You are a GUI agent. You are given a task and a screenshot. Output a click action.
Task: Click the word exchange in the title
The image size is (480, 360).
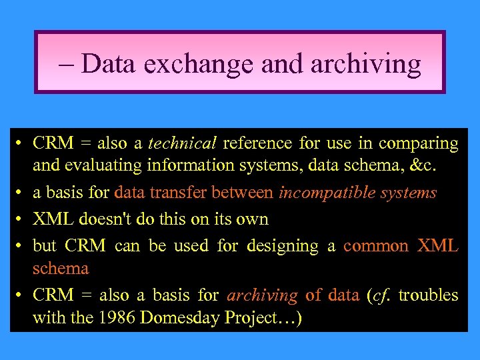coord(199,64)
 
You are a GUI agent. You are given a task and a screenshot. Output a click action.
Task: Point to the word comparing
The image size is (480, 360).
coord(419,143)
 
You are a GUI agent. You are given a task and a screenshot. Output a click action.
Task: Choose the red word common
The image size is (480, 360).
coord(375,246)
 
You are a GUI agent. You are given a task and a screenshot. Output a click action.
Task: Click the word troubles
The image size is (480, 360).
coord(429,295)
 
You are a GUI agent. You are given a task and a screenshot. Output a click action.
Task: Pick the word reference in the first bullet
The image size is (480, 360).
coord(257,143)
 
